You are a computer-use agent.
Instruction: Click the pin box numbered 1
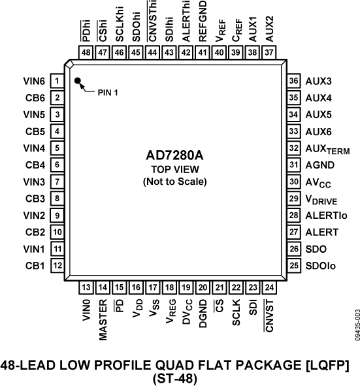(x=57, y=82)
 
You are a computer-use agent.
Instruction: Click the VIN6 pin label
(x=33, y=82)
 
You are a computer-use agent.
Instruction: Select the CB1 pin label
(x=35, y=266)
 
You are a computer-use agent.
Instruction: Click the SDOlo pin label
(x=321, y=266)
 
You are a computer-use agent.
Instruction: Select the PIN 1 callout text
(x=109, y=92)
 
